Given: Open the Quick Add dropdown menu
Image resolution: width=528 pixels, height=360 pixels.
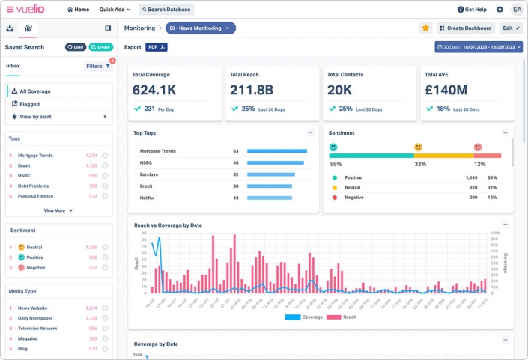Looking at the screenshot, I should point(115,10).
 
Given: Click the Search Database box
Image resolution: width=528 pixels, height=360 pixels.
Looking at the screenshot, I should point(166,10).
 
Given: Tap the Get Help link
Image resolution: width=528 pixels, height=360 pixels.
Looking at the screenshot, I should point(472,10).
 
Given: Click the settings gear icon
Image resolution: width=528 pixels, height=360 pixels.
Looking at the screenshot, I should point(500,10).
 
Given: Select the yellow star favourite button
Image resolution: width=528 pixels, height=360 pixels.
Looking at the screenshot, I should point(425,28).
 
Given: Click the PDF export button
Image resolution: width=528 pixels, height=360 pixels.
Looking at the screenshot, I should point(157,47).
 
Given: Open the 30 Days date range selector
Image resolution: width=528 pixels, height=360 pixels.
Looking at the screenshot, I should point(478,47).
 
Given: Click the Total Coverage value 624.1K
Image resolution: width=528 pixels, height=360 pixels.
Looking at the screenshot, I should point(154,90).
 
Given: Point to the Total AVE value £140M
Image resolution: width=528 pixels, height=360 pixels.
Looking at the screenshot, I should point(446,90).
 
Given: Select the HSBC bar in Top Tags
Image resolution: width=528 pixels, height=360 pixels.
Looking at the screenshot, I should point(276,162).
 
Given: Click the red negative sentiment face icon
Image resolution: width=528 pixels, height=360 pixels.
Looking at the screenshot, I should point(478,147).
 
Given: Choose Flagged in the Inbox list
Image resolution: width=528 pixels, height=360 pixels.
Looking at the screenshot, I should point(29,104).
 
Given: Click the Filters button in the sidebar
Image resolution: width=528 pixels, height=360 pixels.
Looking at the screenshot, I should point(97,66).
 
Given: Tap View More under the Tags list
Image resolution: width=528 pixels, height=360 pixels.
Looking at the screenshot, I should point(58,210).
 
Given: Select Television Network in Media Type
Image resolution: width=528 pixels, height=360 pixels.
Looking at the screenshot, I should point(37,328).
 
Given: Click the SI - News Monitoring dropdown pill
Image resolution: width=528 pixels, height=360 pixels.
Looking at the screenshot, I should point(200,28).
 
